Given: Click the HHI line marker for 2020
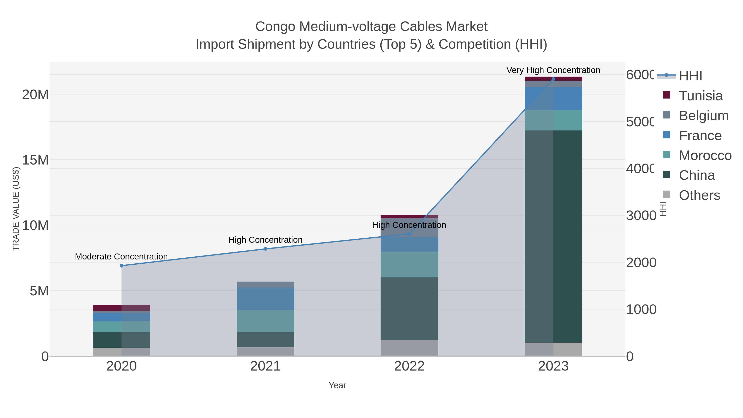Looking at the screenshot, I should [121, 266].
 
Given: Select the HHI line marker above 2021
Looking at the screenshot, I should [265, 249].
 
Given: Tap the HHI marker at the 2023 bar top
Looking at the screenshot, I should [553, 79].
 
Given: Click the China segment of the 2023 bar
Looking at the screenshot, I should [553, 237].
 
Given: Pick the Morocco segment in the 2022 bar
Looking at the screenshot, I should [409, 265].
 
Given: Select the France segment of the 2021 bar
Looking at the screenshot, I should [265, 299].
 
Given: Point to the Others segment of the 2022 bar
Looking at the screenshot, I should [409, 348].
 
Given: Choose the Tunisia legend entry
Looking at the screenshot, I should [701, 96].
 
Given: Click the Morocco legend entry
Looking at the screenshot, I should [705, 155].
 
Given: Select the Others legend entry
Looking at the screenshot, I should [699, 195].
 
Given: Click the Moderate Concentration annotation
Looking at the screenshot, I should [121, 256].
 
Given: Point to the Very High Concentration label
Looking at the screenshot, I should [553, 70].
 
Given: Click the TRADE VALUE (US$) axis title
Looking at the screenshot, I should [16, 209].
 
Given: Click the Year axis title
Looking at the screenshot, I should [337, 385].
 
